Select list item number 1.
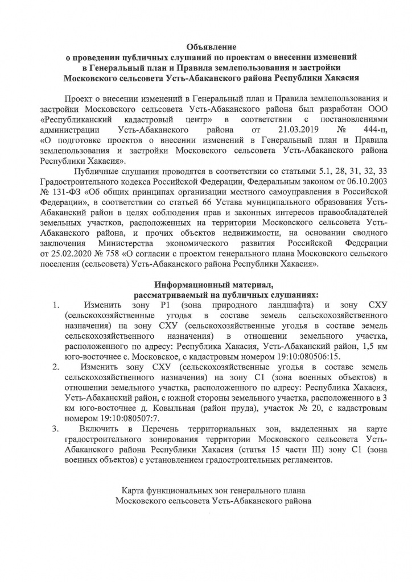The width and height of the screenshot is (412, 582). coord(56,306)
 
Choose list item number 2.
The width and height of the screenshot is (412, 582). coord(56,368)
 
